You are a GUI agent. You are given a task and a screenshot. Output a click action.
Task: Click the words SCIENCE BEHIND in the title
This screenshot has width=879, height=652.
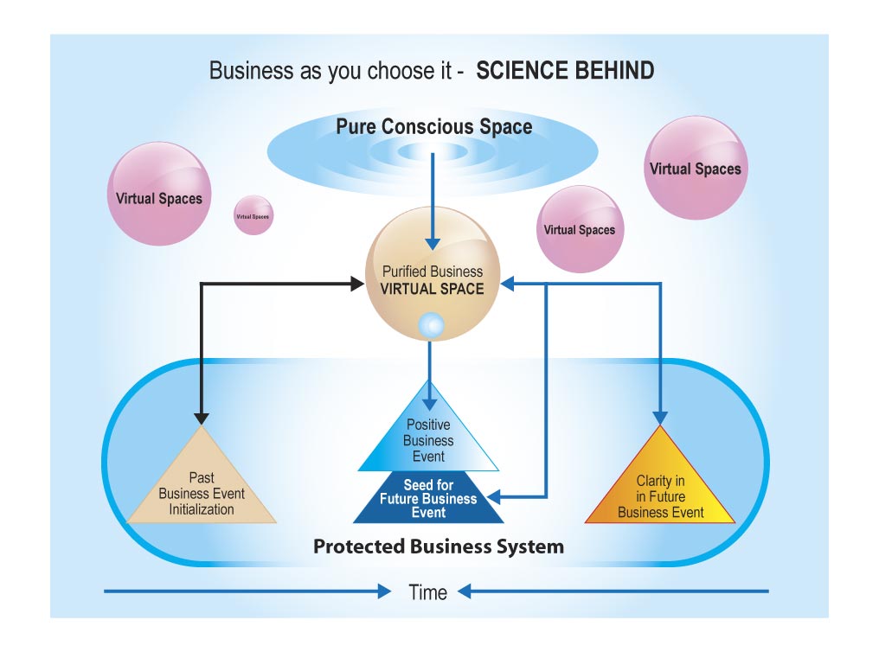565,71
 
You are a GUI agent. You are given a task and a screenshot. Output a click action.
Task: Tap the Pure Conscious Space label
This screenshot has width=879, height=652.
433,127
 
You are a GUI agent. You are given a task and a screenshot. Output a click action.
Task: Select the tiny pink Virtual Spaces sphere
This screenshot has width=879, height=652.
253,215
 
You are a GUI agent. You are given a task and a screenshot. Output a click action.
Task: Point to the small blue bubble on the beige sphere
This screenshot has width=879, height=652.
430,325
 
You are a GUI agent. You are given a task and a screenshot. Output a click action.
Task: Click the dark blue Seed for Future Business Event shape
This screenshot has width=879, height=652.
428,501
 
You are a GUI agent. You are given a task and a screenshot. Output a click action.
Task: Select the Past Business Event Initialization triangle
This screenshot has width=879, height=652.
202,484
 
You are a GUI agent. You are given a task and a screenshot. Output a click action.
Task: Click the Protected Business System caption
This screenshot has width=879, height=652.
438,547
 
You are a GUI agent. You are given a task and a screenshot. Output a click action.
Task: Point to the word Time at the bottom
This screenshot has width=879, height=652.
428,592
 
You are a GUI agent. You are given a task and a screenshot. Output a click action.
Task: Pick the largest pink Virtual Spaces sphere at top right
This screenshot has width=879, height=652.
696,168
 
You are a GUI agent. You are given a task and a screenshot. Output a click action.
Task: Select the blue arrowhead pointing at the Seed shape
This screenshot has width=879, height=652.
495,497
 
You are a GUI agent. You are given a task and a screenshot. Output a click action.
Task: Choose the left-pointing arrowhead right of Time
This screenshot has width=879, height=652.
465,591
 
